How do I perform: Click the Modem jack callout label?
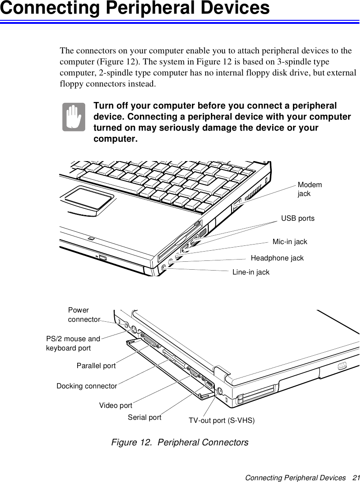(x=310, y=189)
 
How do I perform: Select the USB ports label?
(x=298, y=218)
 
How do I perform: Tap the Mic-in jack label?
(x=290, y=242)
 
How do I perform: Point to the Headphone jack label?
(x=277, y=258)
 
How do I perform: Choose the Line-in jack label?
(x=251, y=272)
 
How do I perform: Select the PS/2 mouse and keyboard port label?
(x=73, y=343)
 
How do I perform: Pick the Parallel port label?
(x=96, y=366)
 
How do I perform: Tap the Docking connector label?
(x=87, y=386)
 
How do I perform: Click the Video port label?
(x=116, y=405)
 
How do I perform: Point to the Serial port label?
(x=144, y=417)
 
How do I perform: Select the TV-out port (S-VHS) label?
(x=221, y=420)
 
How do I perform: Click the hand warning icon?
(x=74, y=117)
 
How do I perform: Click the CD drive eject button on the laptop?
(x=102, y=257)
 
